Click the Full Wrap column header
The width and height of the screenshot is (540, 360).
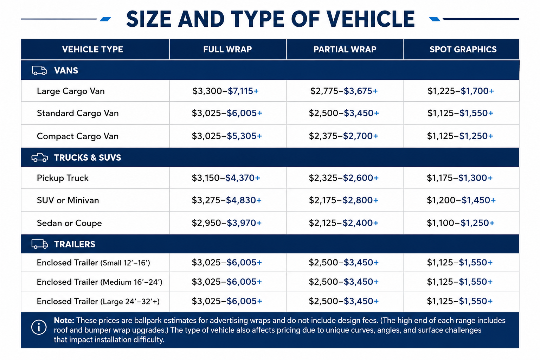pos(227,50)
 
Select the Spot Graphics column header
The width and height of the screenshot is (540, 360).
pos(463,50)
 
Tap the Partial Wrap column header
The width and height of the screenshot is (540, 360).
pos(345,50)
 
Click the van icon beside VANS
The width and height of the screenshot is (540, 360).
pos(39,70)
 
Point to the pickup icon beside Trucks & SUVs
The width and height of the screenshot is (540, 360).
pos(39,157)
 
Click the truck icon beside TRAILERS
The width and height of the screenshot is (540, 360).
pos(39,244)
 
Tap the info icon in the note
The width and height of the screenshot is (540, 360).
pos(39,327)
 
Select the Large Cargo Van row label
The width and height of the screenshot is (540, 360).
pos(71,91)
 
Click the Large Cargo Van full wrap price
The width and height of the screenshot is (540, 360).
pos(225,91)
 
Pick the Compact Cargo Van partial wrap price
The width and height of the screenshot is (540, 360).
pos(343,136)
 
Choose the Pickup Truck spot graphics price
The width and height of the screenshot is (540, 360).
pos(459,178)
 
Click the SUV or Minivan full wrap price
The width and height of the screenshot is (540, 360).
pos(226,200)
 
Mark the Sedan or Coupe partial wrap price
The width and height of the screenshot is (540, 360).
pos(343,223)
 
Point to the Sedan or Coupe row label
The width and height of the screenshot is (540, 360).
pos(69,223)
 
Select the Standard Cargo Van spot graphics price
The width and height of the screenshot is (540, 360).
pos(460,113)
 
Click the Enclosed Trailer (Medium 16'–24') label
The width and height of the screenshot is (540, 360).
pos(99,282)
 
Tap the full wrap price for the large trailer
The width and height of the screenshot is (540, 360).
pos(227,301)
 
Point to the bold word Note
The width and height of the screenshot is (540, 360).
pos(64,321)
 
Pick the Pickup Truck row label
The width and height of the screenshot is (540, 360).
pos(63,178)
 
